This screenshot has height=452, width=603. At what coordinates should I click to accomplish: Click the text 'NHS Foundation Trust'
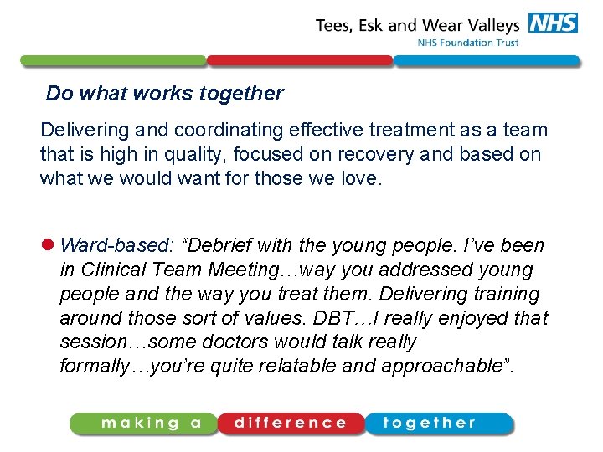point(467,43)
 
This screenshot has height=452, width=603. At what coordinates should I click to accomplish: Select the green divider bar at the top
point(113,61)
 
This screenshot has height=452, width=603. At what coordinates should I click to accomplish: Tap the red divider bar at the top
point(299,61)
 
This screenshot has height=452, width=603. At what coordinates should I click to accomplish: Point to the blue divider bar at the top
point(486,61)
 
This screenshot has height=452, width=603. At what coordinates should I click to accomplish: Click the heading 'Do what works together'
point(165,94)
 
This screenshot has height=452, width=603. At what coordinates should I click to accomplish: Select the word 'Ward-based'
point(115,246)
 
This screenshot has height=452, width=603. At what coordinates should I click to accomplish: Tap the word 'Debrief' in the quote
point(219,246)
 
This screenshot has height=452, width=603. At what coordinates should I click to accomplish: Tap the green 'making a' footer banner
point(143,424)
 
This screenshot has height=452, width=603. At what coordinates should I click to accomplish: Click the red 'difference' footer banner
point(291,424)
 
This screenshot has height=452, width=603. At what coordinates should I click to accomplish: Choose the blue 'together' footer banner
point(437,424)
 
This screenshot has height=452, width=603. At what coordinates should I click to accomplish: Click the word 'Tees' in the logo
point(335,26)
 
